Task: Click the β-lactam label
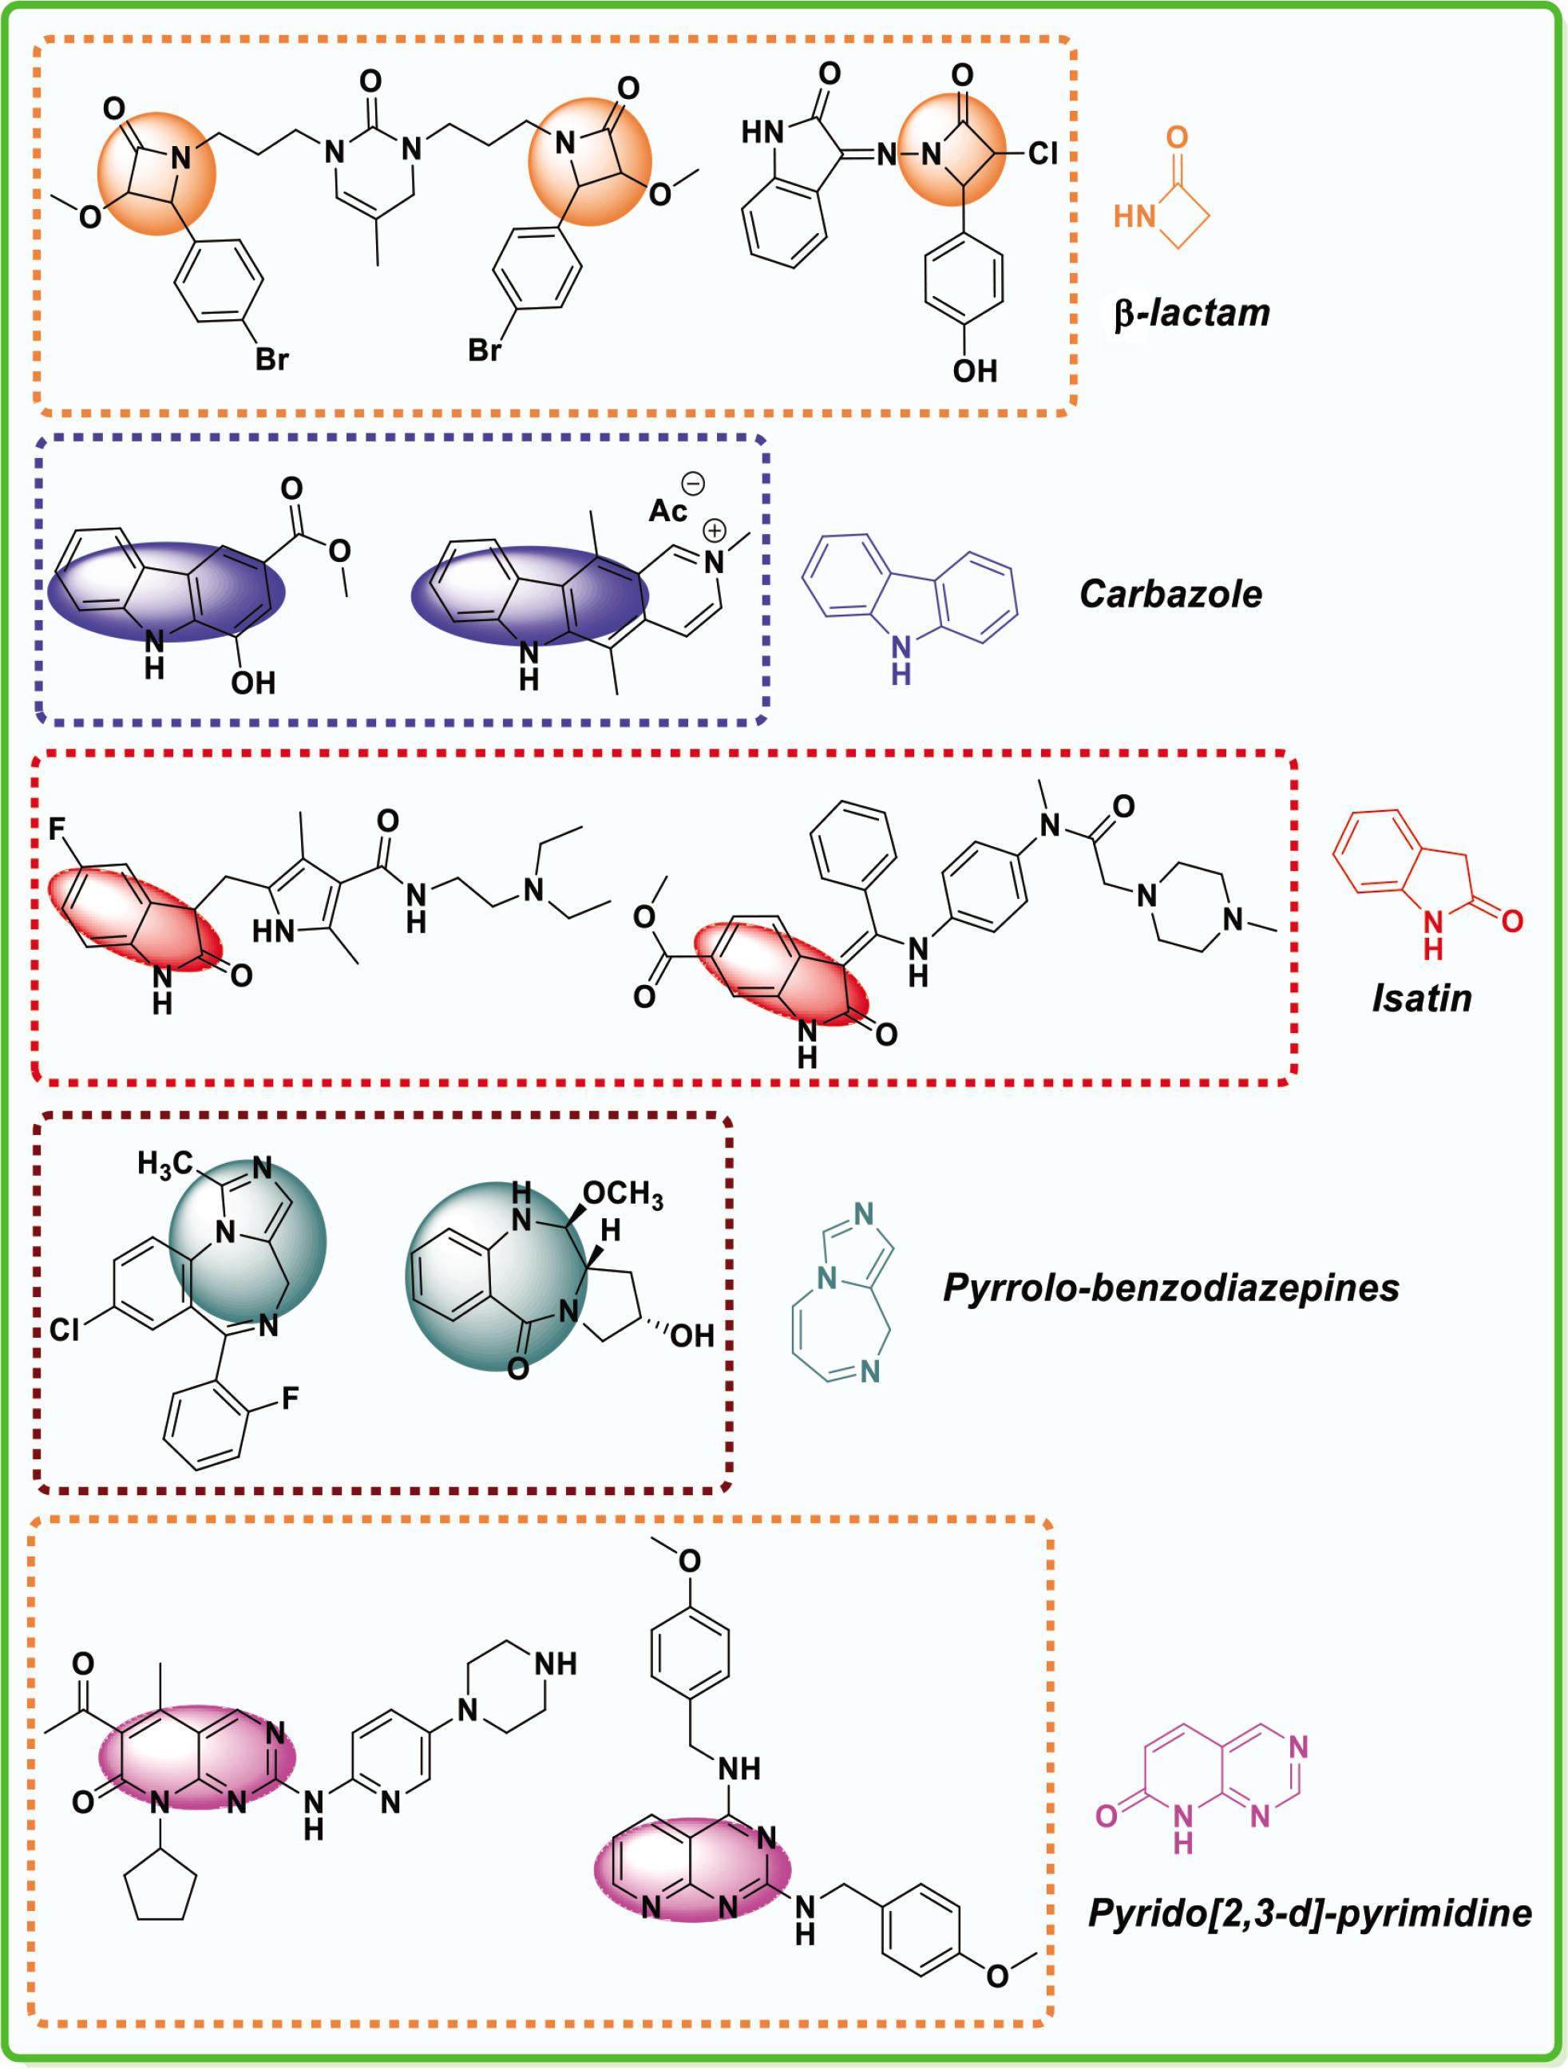pos(1191,312)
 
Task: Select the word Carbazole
pos(1170,594)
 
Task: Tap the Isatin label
pos(1421,999)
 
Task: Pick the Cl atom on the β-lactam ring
pos(1042,153)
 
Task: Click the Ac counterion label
pos(668,511)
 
